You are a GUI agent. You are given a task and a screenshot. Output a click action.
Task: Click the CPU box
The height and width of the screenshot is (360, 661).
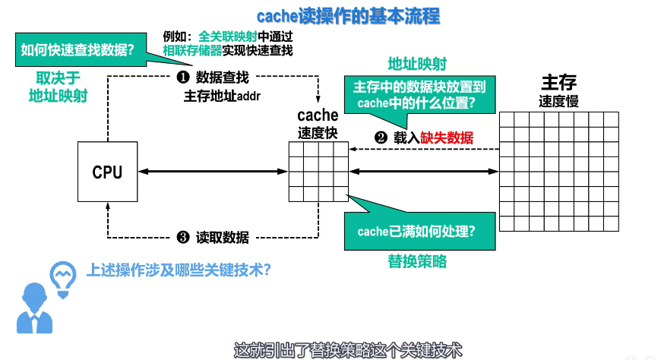pos(107,172)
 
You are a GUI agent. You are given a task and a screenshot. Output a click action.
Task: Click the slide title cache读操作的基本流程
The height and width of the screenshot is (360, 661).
pos(348,15)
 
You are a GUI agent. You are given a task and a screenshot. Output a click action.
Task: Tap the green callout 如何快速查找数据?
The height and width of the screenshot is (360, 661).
pos(78,51)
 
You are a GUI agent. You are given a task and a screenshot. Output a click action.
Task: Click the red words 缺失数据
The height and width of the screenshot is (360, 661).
pos(448,137)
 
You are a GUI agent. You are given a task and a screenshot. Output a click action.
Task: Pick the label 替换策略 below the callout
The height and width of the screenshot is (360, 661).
pos(417,262)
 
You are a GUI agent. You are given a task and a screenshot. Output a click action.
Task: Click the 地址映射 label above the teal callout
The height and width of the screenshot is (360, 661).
pos(417,63)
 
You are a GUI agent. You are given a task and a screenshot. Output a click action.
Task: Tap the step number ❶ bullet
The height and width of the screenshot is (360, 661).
pos(182,77)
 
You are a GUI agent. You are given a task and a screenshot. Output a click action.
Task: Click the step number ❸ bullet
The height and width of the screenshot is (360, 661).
pos(182,237)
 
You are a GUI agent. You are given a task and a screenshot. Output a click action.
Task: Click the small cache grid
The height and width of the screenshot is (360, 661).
pos(318,172)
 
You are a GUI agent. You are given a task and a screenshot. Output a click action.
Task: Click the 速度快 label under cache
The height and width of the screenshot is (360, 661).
pos(318,131)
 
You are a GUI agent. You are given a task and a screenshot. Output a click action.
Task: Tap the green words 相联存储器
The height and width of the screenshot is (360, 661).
pos(191,51)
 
